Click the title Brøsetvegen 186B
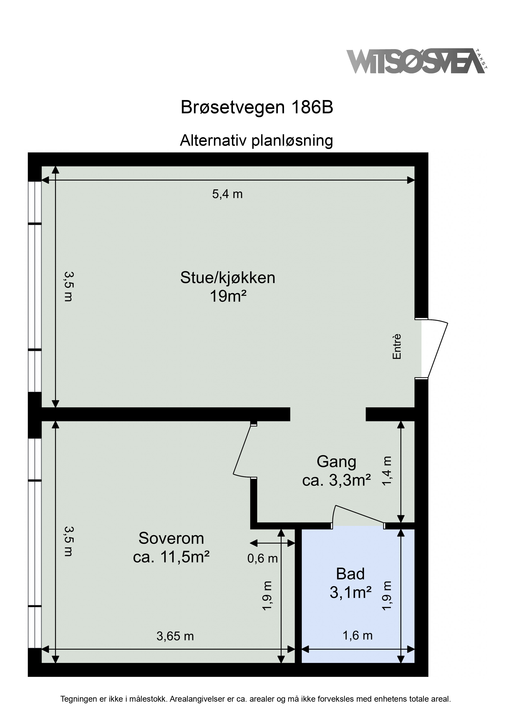tap(257, 107)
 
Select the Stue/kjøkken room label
tap(228, 278)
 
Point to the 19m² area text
tap(228, 297)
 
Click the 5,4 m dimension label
tap(227, 194)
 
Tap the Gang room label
tap(336, 462)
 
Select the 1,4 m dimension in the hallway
tap(387, 470)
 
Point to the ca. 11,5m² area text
tap(171, 557)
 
